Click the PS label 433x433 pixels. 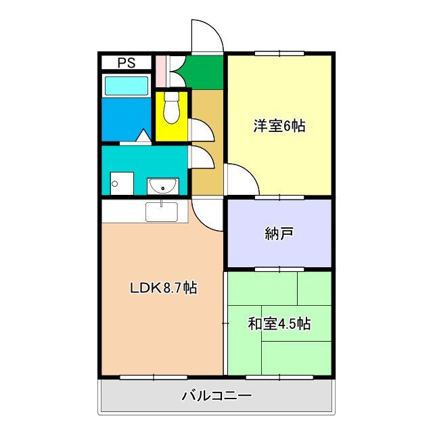pyautogui.click(x=126, y=64)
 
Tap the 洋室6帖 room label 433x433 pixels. pyautogui.click(x=279, y=126)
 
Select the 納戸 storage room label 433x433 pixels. pyautogui.click(x=279, y=234)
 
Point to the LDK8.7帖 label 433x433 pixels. pyautogui.click(x=164, y=288)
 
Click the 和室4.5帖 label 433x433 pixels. pyautogui.click(x=279, y=324)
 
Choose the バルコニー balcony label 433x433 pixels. pyautogui.click(x=216, y=396)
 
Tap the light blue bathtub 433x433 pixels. pyautogui.click(x=126, y=86)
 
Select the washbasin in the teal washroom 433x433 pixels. pyautogui.click(x=162, y=185)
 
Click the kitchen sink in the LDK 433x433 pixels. pyautogui.click(x=162, y=212)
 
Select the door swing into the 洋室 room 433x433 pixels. pyautogui.click(x=240, y=180)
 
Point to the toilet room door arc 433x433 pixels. pyautogui.click(x=200, y=129)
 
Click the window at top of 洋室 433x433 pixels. pyautogui.click(x=279, y=53)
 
